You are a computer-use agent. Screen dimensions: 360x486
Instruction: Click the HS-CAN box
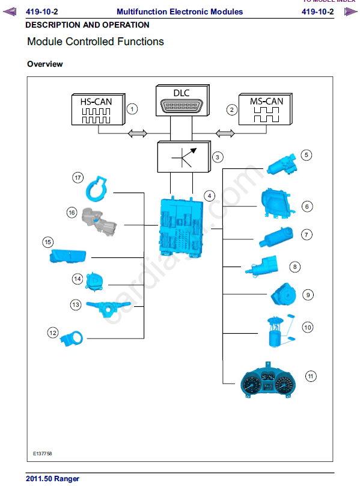pyautogui.click(x=98, y=109)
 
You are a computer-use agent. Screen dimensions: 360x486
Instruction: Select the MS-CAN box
pyautogui.click(x=266, y=109)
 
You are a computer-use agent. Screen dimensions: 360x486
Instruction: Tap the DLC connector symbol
pyautogui.click(x=182, y=106)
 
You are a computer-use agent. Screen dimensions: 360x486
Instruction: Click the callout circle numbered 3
pyautogui.click(x=218, y=157)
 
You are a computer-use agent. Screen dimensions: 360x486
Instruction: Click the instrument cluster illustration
pyautogui.click(x=268, y=381)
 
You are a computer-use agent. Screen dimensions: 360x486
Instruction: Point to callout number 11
pyautogui.click(x=311, y=377)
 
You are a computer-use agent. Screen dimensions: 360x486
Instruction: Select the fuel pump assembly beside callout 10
pyautogui.click(x=281, y=330)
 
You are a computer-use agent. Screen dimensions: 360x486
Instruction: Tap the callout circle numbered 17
pyautogui.click(x=78, y=177)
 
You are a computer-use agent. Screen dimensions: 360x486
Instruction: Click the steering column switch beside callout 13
pyautogui.click(x=108, y=309)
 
